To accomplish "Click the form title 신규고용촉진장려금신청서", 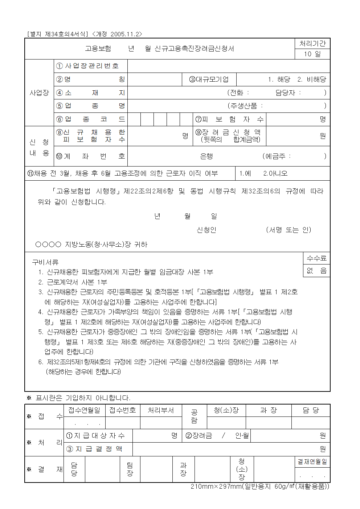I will (194, 49).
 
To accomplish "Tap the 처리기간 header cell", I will (312, 44).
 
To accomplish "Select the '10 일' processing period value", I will (312, 54).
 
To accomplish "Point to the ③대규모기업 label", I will (209, 79).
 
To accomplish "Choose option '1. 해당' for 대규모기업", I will (279, 79).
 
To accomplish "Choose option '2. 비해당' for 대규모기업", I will (312, 79).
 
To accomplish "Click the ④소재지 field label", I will (91, 93).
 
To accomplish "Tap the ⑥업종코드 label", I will (91, 119).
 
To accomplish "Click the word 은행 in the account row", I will (206, 156).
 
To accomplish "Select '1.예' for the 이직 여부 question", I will (245, 173).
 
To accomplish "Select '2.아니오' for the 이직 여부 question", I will (275, 173).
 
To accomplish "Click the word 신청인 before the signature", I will (206, 230).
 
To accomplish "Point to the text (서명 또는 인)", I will (289, 230).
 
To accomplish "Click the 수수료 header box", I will (316, 258).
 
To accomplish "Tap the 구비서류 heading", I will (45, 262).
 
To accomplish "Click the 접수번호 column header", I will (123, 410).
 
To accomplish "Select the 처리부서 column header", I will (161, 410).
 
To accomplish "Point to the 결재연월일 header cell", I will (312, 462).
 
